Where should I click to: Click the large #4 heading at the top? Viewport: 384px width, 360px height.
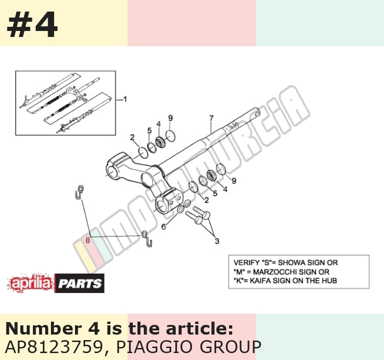click(x=32, y=24)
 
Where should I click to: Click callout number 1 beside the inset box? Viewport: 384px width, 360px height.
click(x=125, y=99)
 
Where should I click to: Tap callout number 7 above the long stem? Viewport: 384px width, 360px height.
click(x=211, y=118)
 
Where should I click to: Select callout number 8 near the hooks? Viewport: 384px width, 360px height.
click(x=88, y=240)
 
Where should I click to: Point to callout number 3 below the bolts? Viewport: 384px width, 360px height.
click(x=217, y=241)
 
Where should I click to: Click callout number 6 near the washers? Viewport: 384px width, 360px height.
click(x=164, y=227)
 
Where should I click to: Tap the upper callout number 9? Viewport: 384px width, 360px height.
click(x=170, y=118)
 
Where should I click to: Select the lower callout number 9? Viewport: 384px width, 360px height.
click(x=234, y=181)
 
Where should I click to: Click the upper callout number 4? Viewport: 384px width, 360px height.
click(x=158, y=124)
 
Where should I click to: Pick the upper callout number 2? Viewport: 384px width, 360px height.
click(x=132, y=137)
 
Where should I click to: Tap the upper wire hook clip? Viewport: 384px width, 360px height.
click(x=79, y=192)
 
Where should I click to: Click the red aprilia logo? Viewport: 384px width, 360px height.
click(x=31, y=283)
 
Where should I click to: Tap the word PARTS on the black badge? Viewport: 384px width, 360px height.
click(x=80, y=284)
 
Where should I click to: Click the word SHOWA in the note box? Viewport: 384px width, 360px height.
click(x=291, y=262)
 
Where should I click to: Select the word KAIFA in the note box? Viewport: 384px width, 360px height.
click(x=260, y=281)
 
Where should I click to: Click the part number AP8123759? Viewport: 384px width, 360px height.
click(x=54, y=347)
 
